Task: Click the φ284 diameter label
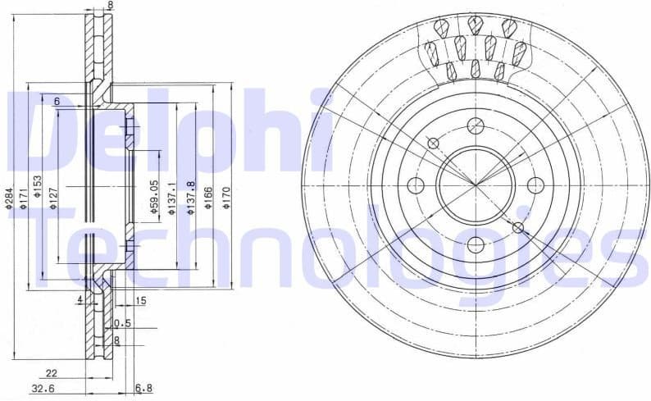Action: pos(8,198)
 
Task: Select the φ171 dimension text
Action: pos(24,198)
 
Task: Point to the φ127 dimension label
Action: pos(52,197)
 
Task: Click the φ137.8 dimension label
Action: pos(190,198)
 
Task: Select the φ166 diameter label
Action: pos(208,198)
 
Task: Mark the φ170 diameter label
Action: pos(226,198)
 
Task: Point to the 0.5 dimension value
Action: pos(123,322)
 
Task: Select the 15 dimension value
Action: pos(140,302)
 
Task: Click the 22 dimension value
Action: pos(52,373)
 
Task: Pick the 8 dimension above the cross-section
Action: pos(111,5)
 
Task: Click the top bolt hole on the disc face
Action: pos(475,125)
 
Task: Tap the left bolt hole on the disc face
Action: pos(417,185)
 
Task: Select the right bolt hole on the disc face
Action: pos(535,185)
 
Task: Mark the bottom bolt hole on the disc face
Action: pos(475,244)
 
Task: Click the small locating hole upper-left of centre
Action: pos(434,144)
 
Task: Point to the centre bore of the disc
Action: pos(475,185)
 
